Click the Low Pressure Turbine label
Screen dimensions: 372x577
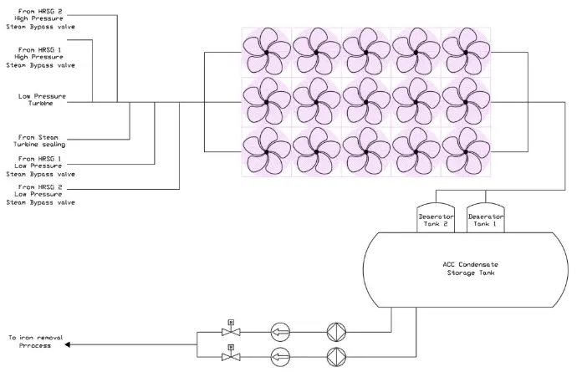click(x=36, y=100)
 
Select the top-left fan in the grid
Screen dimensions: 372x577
click(x=267, y=52)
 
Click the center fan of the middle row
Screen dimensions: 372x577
click(x=365, y=102)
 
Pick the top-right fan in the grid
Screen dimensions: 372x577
click(x=464, y=52)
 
